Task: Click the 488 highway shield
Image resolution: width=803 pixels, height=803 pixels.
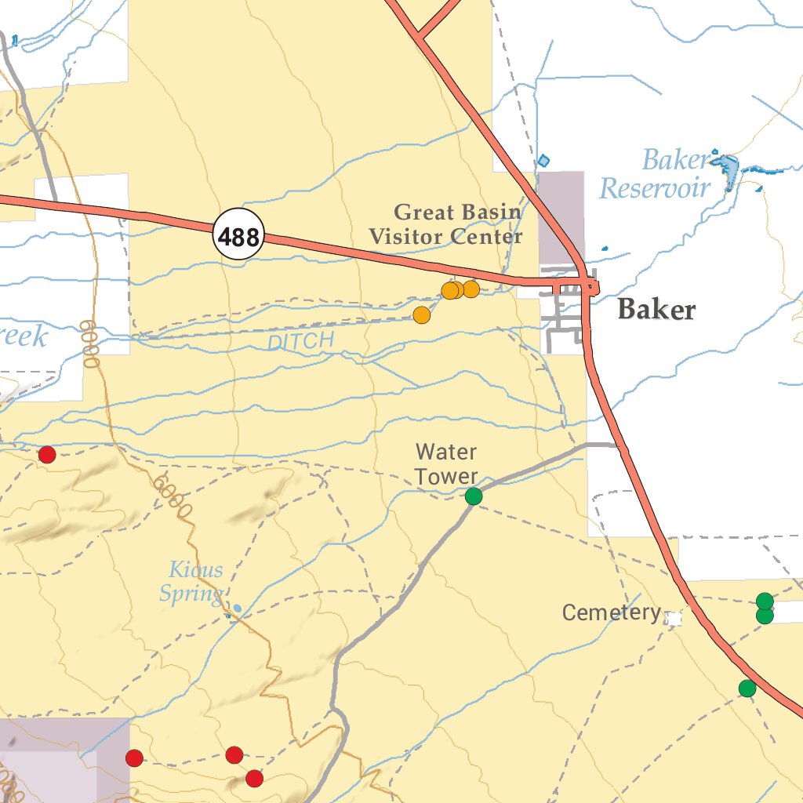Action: coord(238,235)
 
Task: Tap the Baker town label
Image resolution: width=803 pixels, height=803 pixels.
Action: coord(656,310)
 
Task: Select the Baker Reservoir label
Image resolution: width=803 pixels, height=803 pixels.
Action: coord(656,175)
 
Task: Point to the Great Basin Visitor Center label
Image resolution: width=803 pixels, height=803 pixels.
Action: coord(446,223)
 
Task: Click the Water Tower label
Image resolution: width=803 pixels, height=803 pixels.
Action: coord(446,463)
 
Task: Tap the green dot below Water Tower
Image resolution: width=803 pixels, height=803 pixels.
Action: coord(474,496)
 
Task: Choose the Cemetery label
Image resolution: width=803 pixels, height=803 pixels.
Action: coord(611,612)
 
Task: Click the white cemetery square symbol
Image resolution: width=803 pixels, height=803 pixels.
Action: coord(673,619)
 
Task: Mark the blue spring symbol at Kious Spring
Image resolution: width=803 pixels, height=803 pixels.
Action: coord(237,609)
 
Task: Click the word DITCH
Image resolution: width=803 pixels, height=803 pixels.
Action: coord(300,341)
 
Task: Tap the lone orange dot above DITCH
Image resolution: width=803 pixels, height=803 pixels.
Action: coord(422,315)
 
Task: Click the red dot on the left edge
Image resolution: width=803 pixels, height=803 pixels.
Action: coord(47,455)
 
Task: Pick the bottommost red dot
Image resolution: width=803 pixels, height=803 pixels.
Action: coord(254,779)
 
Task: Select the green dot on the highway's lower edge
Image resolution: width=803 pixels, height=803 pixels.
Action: coord(747,689)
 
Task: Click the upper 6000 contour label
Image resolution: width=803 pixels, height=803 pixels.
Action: coord(89,343)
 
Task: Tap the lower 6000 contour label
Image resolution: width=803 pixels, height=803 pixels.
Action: coord(173,495)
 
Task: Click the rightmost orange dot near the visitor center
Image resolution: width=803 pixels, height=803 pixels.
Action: coord(471,289)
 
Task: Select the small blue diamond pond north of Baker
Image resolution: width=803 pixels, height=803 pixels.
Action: coord(544,161)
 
